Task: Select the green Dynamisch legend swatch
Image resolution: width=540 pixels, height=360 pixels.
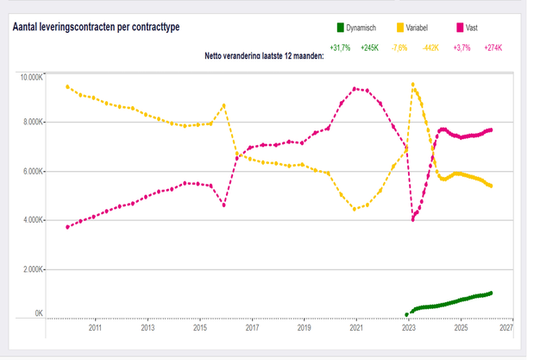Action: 342,28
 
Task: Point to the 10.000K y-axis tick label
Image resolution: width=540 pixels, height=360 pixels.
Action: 32,78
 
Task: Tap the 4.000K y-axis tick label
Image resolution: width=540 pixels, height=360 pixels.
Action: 34,220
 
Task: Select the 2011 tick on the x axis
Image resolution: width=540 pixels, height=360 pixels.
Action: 94,329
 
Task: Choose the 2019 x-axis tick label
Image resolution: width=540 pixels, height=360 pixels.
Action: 304,329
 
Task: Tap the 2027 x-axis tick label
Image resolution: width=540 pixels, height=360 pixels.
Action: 506,329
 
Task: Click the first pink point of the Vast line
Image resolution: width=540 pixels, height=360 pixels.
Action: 67,227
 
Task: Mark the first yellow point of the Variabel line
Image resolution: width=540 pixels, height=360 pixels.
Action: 67,86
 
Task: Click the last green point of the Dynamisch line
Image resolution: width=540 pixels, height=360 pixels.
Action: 491,293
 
